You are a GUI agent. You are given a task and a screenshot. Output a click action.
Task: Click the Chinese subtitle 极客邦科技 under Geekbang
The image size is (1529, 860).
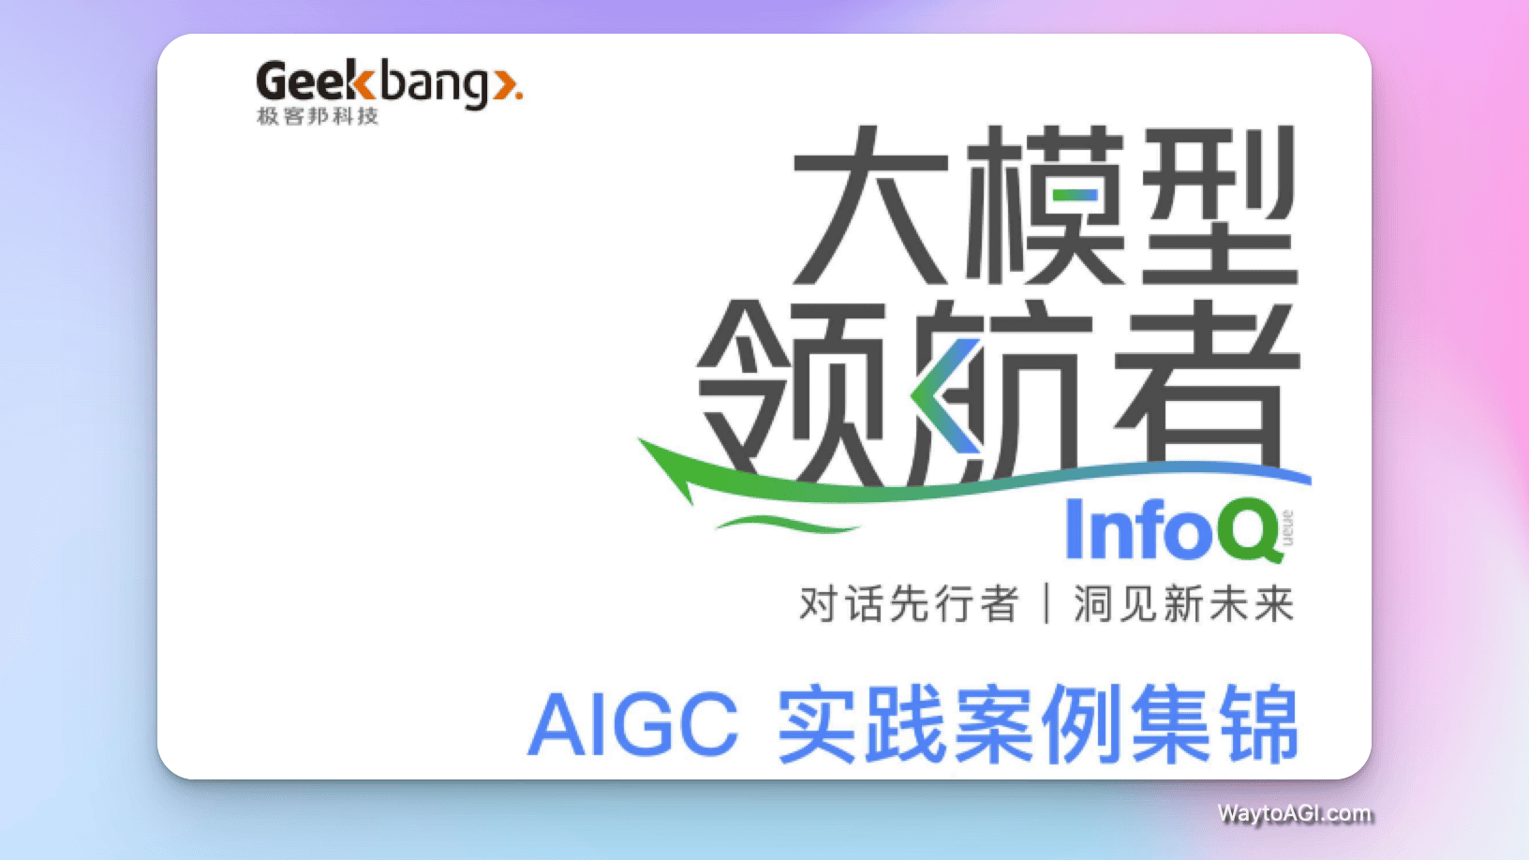(x=318, y=116)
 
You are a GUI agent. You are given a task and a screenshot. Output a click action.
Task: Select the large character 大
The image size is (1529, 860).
(x=870, y=207)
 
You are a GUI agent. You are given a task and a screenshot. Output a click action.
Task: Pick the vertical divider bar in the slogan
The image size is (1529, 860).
(x=1047, y=604)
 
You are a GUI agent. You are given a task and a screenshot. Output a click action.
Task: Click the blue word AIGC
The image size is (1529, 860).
(x=634, y=724)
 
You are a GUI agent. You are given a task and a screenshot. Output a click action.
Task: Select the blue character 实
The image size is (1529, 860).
(x=817, y=724)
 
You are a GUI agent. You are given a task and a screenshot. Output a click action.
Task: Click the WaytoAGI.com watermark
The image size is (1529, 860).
(x=1295, y=813)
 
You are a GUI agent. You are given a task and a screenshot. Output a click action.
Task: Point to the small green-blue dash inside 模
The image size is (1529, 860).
(x=1074, y=196)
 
